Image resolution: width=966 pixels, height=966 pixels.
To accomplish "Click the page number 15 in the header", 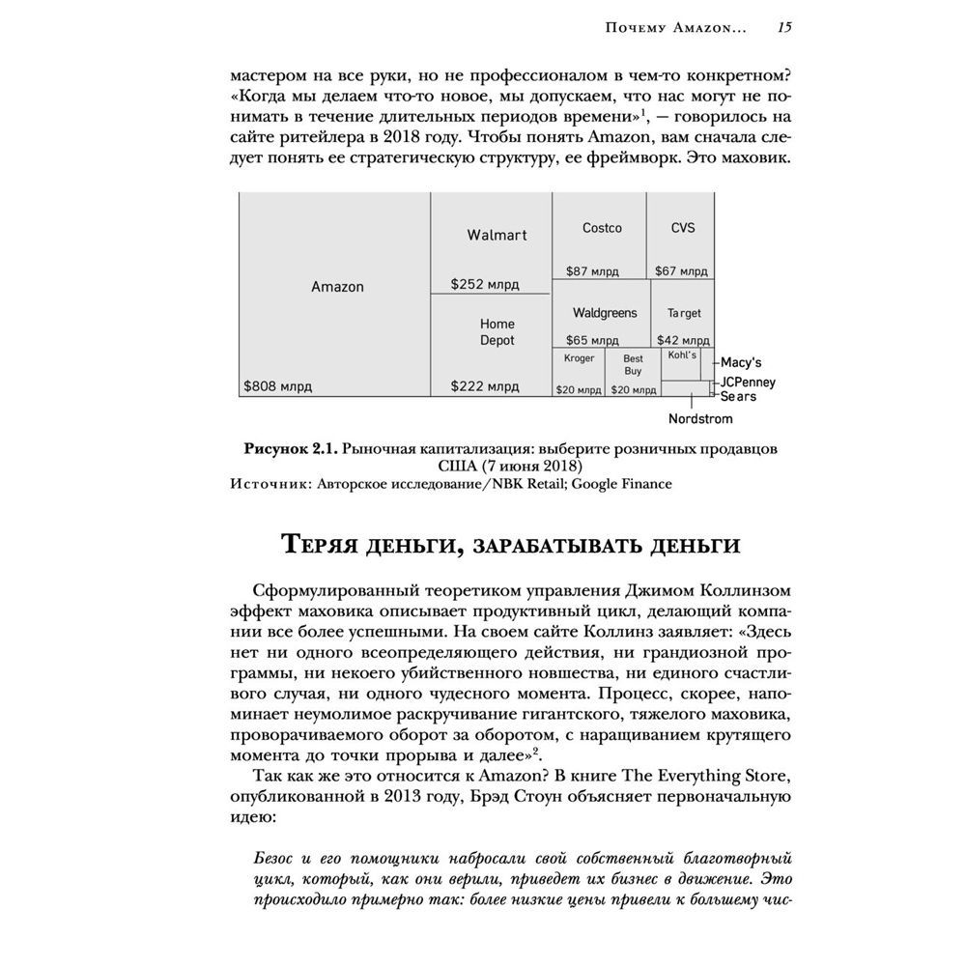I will tap(784, 28).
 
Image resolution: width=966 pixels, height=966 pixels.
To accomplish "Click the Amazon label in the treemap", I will tap(337, 287).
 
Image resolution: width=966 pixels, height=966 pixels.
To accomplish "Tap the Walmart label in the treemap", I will tap(497, 235).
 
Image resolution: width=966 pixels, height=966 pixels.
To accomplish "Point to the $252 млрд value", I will tap(485, 284).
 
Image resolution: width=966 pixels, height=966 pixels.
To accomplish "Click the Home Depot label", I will tap(497, 332).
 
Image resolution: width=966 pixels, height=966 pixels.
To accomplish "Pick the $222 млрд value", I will tap(485, 386).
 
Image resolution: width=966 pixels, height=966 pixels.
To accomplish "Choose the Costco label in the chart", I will tap(602, 228).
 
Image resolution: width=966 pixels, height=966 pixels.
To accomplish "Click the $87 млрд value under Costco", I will tap(590, 271).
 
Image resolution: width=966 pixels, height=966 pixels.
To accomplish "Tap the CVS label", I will tap(682, 228).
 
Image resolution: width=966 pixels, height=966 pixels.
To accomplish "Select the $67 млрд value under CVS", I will tap(681, 271).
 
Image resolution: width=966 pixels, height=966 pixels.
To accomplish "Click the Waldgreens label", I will tap(605, 313).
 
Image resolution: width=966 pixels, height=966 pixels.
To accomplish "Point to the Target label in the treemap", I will tap(684, 313).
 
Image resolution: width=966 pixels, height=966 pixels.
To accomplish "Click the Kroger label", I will tap(579, 358).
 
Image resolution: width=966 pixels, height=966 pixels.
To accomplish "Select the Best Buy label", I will tap(633, 364).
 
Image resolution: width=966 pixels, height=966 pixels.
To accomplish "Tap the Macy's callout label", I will tap(742, 363).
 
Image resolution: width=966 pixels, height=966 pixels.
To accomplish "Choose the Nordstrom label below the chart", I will tap(700, 419).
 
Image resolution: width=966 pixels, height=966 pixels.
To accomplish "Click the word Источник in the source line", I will tap(268, 484).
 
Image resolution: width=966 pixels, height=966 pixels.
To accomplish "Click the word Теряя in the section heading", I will tap(327, 546).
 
